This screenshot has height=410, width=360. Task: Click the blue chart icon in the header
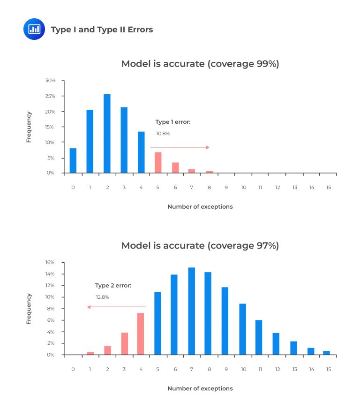pyautogui.click(x=34, y=29)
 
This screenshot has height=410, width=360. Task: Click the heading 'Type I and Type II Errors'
pyautogui.click(x=102, y=30)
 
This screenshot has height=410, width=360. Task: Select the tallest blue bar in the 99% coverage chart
pyautogui.click(x=107, y=133)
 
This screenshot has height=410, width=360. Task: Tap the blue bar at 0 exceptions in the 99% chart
pyautogui.click(x=73, y=160)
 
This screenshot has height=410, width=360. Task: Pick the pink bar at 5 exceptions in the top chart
pyautogui.click(x=158, y=162)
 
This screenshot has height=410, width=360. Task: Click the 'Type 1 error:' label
pyautogui.click(x=173, y=122)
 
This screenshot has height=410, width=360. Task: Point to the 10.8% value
pyautogui.click(x=163, y=134)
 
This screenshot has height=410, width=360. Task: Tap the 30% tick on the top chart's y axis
pyautogui.click(x=50, y=81)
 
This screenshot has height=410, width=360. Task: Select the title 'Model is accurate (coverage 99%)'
pyautogui.click(x=200, y=64)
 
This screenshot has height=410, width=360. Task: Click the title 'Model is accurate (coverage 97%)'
pyautogui.click(x=200, y=245)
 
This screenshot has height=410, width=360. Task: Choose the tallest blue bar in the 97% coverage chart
pyautogui.click(x=191, y=311)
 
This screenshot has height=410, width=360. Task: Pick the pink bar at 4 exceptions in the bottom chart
pyautogui.click(x=141, y=334)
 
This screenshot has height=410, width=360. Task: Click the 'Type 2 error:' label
pyautogui.click(x=113, y=285)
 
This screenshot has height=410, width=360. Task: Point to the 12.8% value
pyautogui.click(x=102, y=297)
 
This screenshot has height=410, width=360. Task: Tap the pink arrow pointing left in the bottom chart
pyautogui.click(x=117, y=307)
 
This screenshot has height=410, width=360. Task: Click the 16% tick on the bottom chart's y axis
pyautogui.click(x=50, y=262)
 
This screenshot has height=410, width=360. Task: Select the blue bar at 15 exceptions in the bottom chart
pyautogui.click(x=326, y=353)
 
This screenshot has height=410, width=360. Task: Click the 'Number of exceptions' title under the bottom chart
pyautogui.click(x=200, y=388)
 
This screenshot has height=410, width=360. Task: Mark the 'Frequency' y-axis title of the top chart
pyautogui.click(x=29, y=127)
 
